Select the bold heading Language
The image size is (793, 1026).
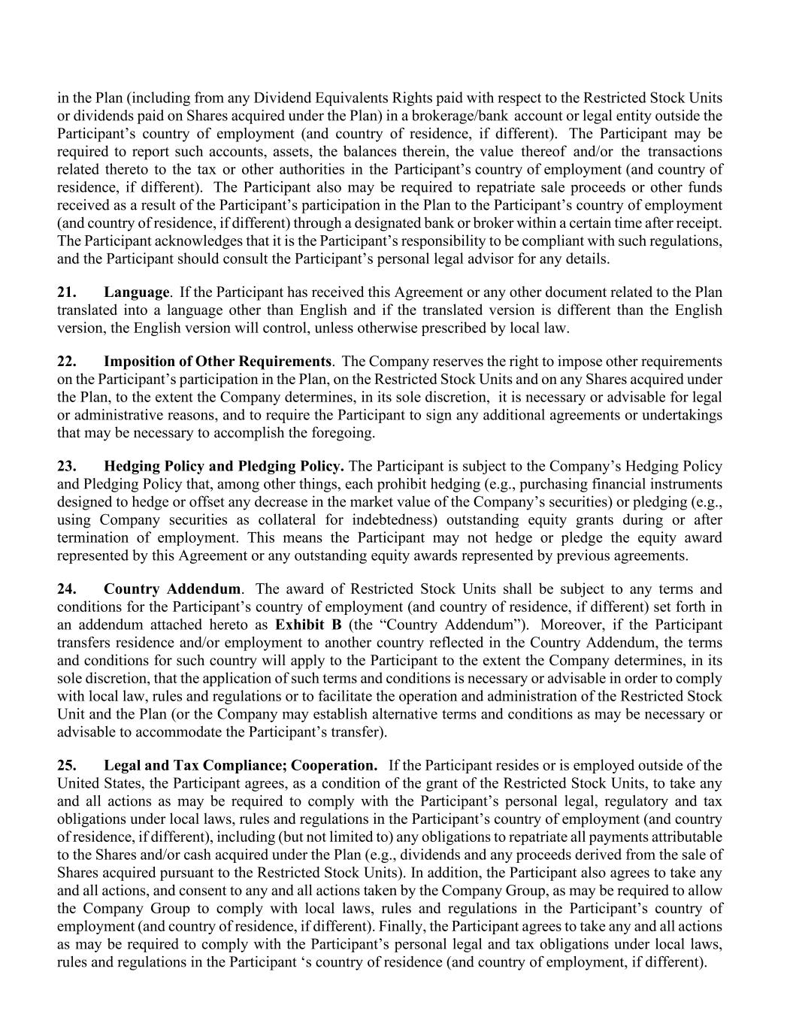click(136, 292)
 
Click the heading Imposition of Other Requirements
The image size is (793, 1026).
click(217, 361)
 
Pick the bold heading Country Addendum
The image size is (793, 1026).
click(172, 589)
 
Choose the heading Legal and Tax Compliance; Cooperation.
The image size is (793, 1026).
click(241, 765)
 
